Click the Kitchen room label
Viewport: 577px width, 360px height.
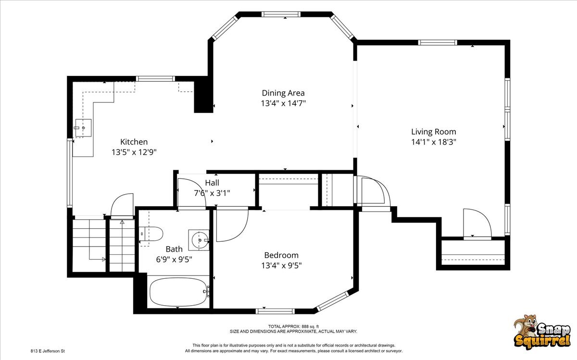click(134, 142)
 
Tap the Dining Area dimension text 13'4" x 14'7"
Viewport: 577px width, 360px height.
click(283, 103)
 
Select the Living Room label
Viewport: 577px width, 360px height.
click(434, 132)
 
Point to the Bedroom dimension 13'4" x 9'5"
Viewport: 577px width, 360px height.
click(281, 265)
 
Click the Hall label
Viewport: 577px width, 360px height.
click(212, 183)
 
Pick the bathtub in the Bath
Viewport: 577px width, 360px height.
click(178, 292)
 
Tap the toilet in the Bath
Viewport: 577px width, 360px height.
click(151, 234)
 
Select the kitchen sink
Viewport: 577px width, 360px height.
click(83, 128)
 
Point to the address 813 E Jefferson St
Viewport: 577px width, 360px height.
click(48, 351)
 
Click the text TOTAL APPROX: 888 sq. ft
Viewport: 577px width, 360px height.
click(293, 326)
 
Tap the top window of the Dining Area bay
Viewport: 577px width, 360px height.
click(281, 14)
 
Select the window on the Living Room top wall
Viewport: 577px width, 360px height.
click(438, 42)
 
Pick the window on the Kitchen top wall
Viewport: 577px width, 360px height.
click(155, 79)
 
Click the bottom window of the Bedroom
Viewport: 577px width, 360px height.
click(275, 311)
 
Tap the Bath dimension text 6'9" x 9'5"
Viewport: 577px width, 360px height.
click(174, 260)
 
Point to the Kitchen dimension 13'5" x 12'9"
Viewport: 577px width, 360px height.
click(134, 152)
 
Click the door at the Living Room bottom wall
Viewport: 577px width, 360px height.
click(477, 238)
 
